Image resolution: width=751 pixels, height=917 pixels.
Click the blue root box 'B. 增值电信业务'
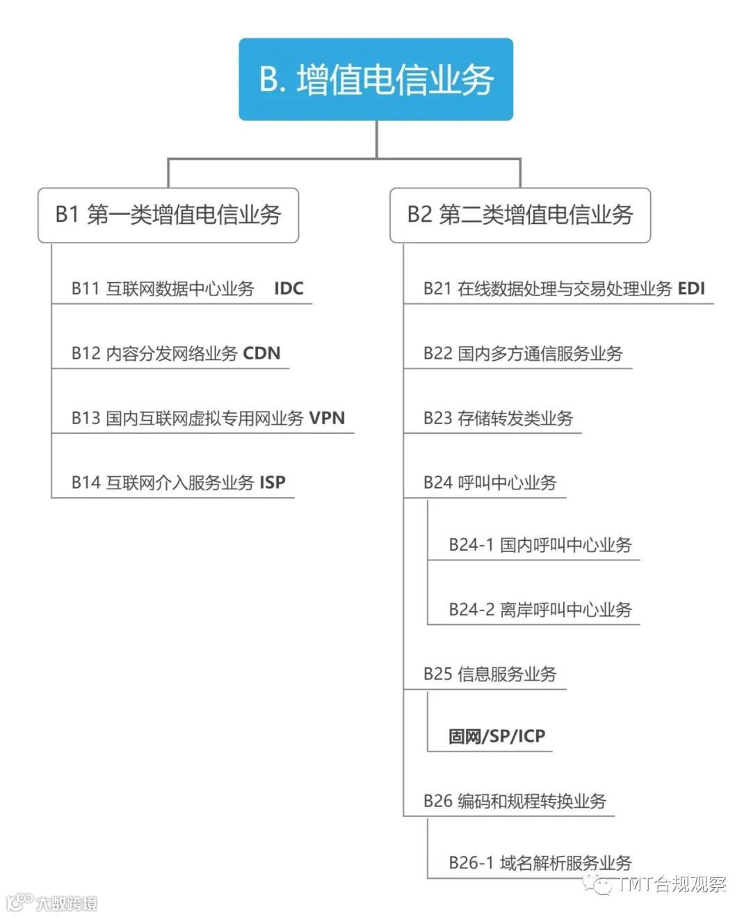click(375, 79)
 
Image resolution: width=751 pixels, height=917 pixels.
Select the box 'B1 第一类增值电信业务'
click(168, 215)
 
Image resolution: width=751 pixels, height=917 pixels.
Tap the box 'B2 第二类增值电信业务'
click(520, 215)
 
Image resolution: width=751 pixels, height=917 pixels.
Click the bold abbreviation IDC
click(289, 289)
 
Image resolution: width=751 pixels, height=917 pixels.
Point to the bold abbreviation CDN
click(261, 353)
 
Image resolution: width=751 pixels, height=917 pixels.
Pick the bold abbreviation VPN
click(327, 418)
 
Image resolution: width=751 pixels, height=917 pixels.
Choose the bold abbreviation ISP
click(273, 482)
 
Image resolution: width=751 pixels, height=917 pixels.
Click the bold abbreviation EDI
click(691, 289)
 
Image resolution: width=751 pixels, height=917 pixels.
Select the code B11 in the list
click(86, 289)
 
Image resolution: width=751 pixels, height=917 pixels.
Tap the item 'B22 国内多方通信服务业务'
click(523, 353)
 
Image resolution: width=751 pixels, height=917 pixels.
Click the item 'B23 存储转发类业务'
click(498, 418)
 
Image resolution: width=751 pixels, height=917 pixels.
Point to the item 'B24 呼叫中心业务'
click(490, 482)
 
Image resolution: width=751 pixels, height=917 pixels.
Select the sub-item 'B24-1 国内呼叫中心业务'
click(540, 545)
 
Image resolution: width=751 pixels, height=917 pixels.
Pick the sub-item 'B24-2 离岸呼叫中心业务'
click(540, 610)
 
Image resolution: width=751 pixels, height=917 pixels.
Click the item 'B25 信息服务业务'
click(490, 674)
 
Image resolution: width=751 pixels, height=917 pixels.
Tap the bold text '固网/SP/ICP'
click(496, 736)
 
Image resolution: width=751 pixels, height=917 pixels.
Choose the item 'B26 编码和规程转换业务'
click(515, 801)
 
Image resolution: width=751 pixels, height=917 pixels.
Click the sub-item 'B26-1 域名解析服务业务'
click(540, 863)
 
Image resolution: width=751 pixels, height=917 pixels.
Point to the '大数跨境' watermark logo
click(52, 902)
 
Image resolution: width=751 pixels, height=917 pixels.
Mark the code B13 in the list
click(86, 418)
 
